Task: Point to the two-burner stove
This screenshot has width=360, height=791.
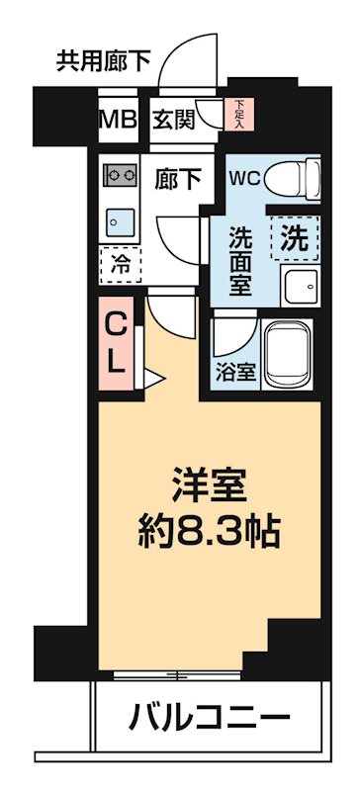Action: click(x=120, y=175)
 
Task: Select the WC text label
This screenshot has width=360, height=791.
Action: click(x=245, y=179)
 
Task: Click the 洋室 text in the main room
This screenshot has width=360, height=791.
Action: click(x=209, y=487)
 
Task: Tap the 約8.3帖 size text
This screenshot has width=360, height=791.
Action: click(x=209, y=534)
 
